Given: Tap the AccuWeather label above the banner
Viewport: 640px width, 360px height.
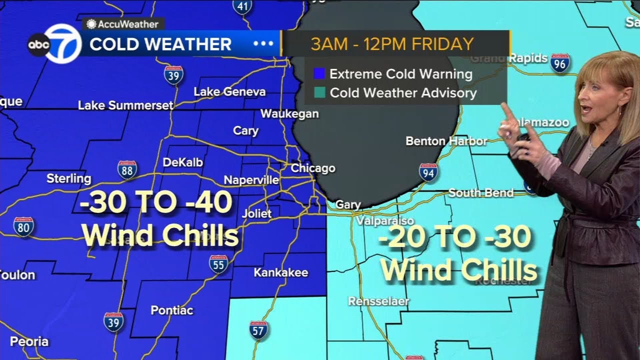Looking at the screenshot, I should pos(123,24).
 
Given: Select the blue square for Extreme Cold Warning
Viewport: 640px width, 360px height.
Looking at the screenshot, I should pos(319,74).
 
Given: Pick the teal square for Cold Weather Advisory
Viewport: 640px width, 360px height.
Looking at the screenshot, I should pos(319,92).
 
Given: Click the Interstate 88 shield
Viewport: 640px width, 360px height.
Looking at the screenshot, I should pos(127,170).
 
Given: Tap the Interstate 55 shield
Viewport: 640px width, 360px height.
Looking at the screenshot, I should pos(218,263).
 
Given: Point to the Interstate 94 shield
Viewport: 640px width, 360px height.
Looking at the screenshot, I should pos(428,172).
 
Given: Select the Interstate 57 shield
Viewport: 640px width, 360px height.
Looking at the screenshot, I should pos(258,330).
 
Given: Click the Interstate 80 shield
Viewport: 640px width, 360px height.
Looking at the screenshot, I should pos(23,226).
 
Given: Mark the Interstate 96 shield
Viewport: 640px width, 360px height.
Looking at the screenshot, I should pos(560,63).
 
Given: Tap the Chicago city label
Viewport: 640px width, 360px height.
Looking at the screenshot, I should pos(313,168).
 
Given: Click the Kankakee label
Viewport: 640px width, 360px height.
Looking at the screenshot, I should pos(281,272).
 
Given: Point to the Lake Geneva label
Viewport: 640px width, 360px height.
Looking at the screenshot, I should pos(229,91).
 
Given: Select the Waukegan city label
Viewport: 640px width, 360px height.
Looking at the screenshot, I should pos(289,113).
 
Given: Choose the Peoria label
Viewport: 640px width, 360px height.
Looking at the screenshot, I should pos(29,342).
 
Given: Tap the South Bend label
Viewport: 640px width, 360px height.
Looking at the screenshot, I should pos(481,192).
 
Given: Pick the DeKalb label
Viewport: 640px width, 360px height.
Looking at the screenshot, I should pos(183,162).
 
